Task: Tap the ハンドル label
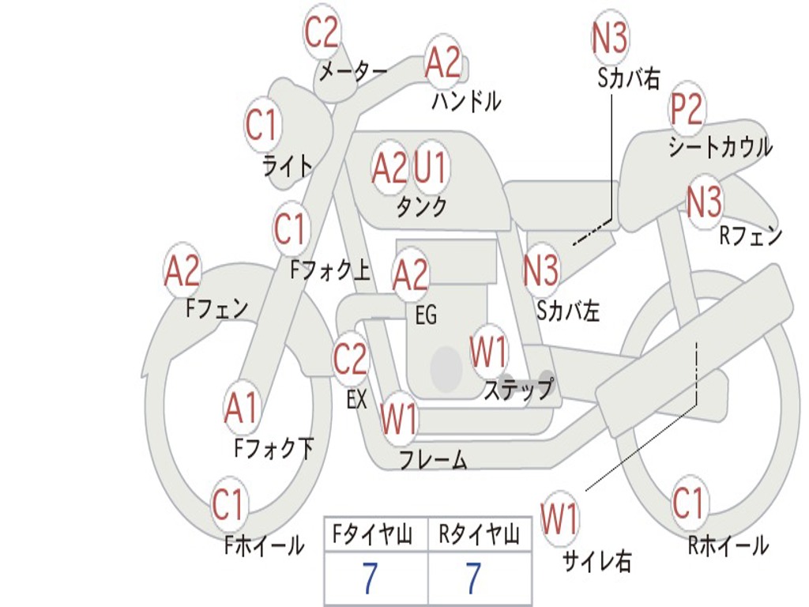click(x=466, y=101)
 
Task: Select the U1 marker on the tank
click(x=431, y=168)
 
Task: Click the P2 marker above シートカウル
click(x=687, y=110)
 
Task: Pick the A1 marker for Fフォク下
click(x=241, y=409)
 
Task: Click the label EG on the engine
click(x=426, y=315)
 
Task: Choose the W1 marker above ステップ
click(x=489, y=352)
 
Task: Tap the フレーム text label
click(x=433, y=459)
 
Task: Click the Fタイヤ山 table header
click(x=374, y=536)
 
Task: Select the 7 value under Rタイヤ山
click(x=473, y=579)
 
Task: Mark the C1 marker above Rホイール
click(x=688, y=503)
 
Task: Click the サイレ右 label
click(x=596, y=561)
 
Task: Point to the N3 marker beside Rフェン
click(x=704, y=202)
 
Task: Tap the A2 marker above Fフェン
click(x=182, y=271)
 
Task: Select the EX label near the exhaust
click(x=357, y=399)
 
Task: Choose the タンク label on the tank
click(x=421, y=207)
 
